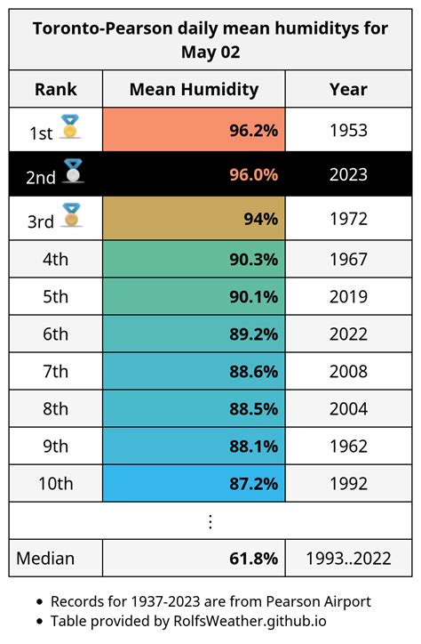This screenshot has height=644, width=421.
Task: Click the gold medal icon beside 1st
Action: [69, 127]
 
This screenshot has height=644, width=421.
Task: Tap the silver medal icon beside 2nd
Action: [73, 171]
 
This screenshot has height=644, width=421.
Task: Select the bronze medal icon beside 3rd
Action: [72, 214]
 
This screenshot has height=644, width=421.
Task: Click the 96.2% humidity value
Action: [253, 130]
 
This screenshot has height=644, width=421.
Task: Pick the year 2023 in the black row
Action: [348, 174]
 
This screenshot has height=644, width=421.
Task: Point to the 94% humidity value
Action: [261, 219]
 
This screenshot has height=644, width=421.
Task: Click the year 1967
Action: [348, 260]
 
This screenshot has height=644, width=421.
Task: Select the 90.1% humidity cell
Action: [194, 296]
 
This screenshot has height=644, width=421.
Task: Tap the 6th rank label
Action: [55, 334]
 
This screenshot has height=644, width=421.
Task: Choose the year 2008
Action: [348, 371]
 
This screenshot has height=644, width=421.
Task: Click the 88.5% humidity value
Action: [253, 409]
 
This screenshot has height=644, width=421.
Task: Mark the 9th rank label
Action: [55, 446]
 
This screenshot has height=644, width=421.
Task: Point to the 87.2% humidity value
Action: [253, 484]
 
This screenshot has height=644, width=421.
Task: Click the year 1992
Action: [348, 483]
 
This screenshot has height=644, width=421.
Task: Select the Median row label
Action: [45, 559]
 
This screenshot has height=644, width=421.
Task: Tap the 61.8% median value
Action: [253, 559]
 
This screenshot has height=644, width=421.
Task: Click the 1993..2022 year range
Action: [348, 559]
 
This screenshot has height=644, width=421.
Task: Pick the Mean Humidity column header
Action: [194, 89]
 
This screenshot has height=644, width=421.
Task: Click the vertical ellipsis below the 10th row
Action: [210, 521]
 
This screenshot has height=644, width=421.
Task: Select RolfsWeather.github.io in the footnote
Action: [250, 622]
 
